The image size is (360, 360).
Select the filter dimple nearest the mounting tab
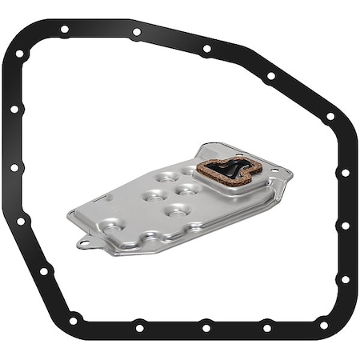click(x=112, y=229)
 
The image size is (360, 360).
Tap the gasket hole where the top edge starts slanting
click(x=207, y=49)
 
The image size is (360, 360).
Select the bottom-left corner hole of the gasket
click(x=73, y=321)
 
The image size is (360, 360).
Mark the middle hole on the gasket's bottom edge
click(x=206, y=327)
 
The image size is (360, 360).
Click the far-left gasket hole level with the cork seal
click(x=14, y=168)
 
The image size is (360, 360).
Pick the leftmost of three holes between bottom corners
click(x=140, y=327)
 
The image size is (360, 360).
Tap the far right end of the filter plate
click(x=291, y=174)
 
